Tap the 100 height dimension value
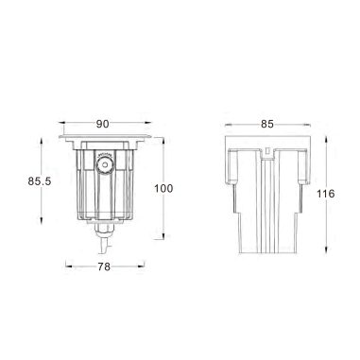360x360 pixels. [x=163, y=189]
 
